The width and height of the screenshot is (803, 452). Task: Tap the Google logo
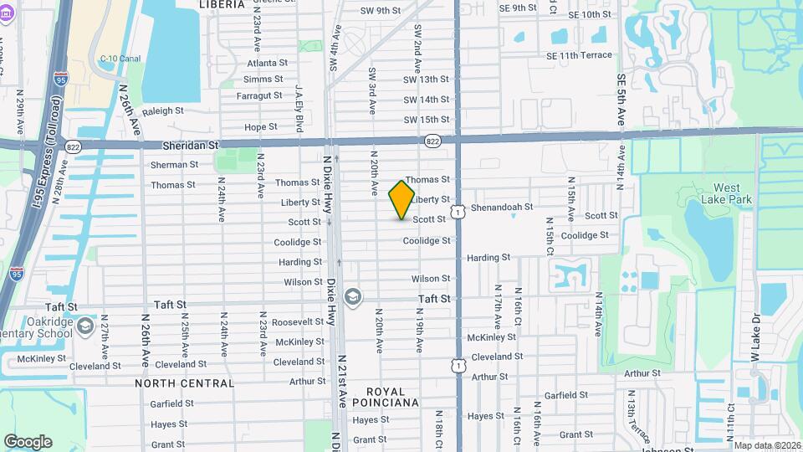28,441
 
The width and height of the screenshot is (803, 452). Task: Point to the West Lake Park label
732,193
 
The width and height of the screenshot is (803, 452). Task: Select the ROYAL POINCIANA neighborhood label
386,397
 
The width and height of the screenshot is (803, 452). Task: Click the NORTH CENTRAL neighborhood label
185,383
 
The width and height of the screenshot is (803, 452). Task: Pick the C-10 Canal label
120,59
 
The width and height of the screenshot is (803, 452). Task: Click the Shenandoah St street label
502,207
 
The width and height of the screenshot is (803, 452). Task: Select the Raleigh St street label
162,110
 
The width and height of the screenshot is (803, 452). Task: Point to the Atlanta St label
267,63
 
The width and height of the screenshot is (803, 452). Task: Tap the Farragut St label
259,95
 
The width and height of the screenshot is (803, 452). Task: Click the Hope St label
260,127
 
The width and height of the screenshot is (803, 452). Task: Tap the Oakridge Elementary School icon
85,325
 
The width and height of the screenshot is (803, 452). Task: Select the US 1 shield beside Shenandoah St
458,213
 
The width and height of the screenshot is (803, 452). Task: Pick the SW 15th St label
427,121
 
